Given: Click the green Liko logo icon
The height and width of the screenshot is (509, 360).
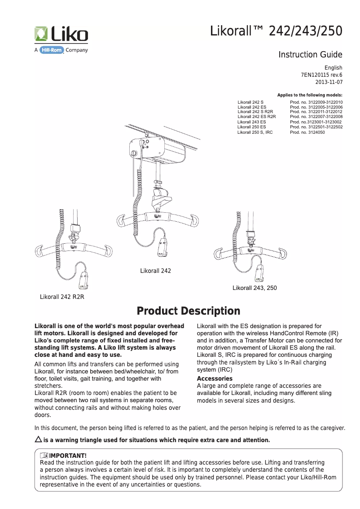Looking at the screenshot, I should [42, 34].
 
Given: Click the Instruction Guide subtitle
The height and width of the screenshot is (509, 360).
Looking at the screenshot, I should [310, 55].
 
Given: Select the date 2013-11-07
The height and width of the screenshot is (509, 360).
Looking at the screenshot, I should [329, 83].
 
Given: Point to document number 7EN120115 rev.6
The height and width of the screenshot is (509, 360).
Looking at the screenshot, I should [321, 75].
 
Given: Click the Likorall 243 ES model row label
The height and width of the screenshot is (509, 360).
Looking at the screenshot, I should [251, 122].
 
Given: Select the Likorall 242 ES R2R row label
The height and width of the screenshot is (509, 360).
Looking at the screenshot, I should [256, 117].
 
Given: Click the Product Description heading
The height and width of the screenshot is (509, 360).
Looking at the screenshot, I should [188, 311].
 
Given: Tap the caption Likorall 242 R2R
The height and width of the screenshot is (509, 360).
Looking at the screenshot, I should [62, 297].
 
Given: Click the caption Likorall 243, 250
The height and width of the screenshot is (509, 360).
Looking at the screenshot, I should [255, 288].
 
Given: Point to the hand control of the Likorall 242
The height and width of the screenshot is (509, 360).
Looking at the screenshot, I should [163, 247].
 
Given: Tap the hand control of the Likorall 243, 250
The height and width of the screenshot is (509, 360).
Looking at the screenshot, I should [259, 273].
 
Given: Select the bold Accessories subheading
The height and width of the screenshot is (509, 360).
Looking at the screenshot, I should [215, 378].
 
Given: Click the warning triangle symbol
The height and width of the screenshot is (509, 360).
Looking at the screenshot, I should [38, 439].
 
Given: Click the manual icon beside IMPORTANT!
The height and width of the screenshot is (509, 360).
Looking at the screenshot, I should [44, 456].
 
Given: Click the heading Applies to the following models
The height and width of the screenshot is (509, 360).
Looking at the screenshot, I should [310, 95].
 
